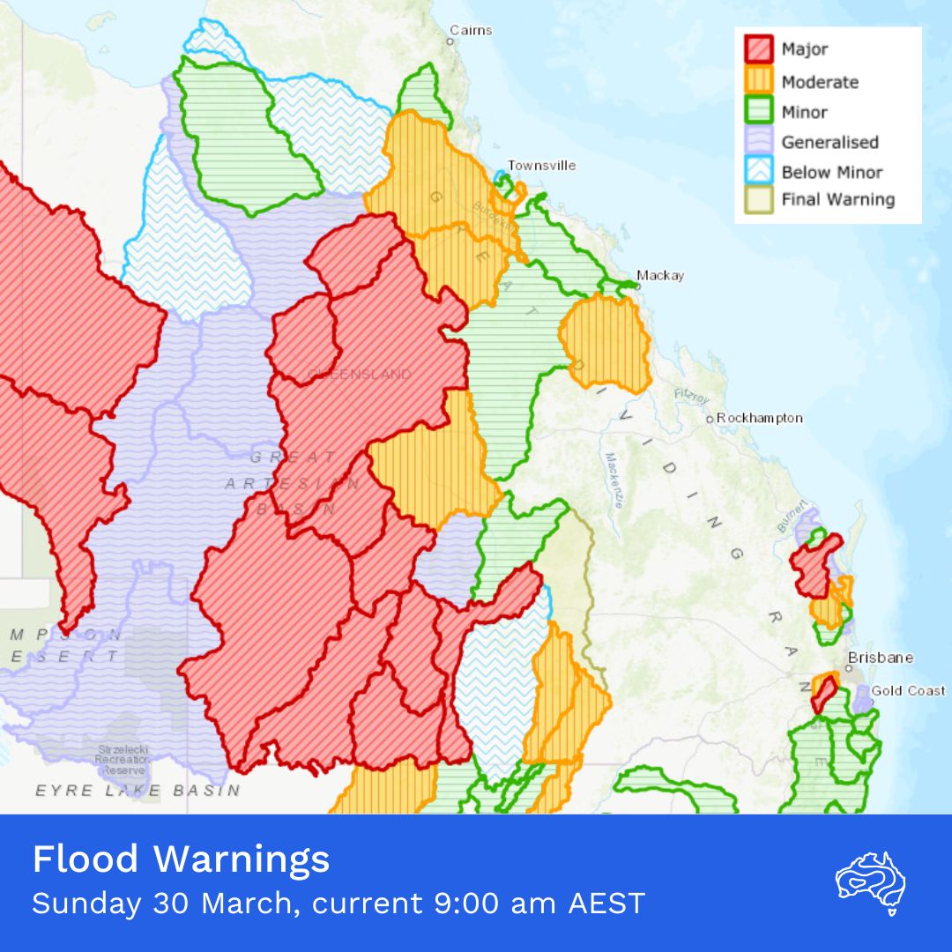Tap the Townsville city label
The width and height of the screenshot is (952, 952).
(541, 166)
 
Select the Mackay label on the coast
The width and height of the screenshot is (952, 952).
(659, 275)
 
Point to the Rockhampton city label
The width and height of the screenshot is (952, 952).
(759, 418)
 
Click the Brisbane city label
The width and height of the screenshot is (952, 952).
(880, 658)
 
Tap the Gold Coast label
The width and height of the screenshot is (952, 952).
(908, 690)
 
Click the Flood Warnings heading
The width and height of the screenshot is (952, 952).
(181, 859)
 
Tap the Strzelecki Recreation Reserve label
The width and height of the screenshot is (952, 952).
(123, 759)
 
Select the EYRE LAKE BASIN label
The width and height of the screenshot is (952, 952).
(138, 791)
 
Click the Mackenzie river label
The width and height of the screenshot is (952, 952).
(614, 480)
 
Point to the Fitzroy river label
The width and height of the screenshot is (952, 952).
(692, 397)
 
